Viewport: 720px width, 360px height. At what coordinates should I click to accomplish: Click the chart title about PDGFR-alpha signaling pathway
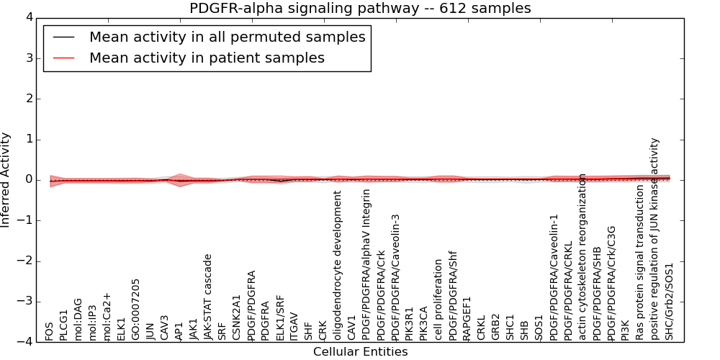[x=360, y=9]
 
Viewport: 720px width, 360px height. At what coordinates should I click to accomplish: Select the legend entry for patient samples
[x=207, y=58]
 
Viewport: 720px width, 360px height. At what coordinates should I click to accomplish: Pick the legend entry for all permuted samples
[x=227, y=37]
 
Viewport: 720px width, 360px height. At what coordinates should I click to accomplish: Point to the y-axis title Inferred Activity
[x=6, y=180]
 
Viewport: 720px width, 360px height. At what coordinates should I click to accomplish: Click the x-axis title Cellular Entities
[x=360, y=352]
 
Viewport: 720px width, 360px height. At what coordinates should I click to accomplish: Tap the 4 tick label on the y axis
[x=28, y=17]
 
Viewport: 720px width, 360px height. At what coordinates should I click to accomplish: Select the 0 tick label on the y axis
[x=28, y=180]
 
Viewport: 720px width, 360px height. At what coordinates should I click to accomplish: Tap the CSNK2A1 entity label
[x=237, y=318]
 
